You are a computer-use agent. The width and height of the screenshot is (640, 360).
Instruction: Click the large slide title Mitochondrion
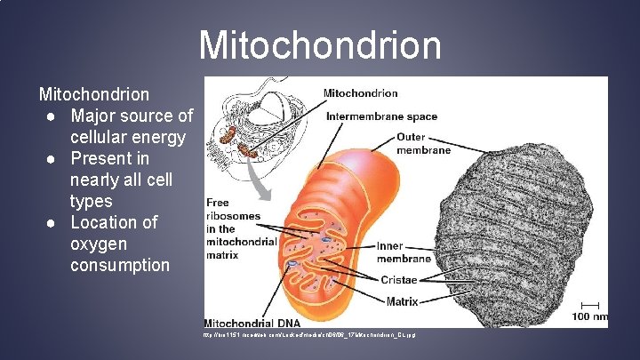pyautogui.click(x=320, y=44)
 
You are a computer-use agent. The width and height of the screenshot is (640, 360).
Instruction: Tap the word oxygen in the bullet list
pyautogui.click(x=98, y=244)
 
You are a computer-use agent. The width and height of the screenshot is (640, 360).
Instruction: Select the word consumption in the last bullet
pyautogui.click(x=119, y=265)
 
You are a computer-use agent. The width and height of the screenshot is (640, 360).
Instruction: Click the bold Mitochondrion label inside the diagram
pyautogui.click(x=360, y=92)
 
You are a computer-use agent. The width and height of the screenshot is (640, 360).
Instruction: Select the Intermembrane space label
pyautogui.click(x=381, y=116)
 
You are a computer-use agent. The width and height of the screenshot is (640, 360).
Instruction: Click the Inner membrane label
pyautogui.click(x=403, y=252)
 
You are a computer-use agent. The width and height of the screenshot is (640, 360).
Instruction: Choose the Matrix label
pyautogui.click(x=402, y=301)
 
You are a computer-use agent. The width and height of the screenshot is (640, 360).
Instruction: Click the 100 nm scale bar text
pyautogui.click(x=588, y=316)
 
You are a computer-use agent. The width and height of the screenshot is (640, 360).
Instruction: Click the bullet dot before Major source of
pyautogui.click(x=54, y=116)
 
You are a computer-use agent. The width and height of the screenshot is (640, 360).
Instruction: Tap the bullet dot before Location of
pyautogui.click(x=54, y=222)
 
